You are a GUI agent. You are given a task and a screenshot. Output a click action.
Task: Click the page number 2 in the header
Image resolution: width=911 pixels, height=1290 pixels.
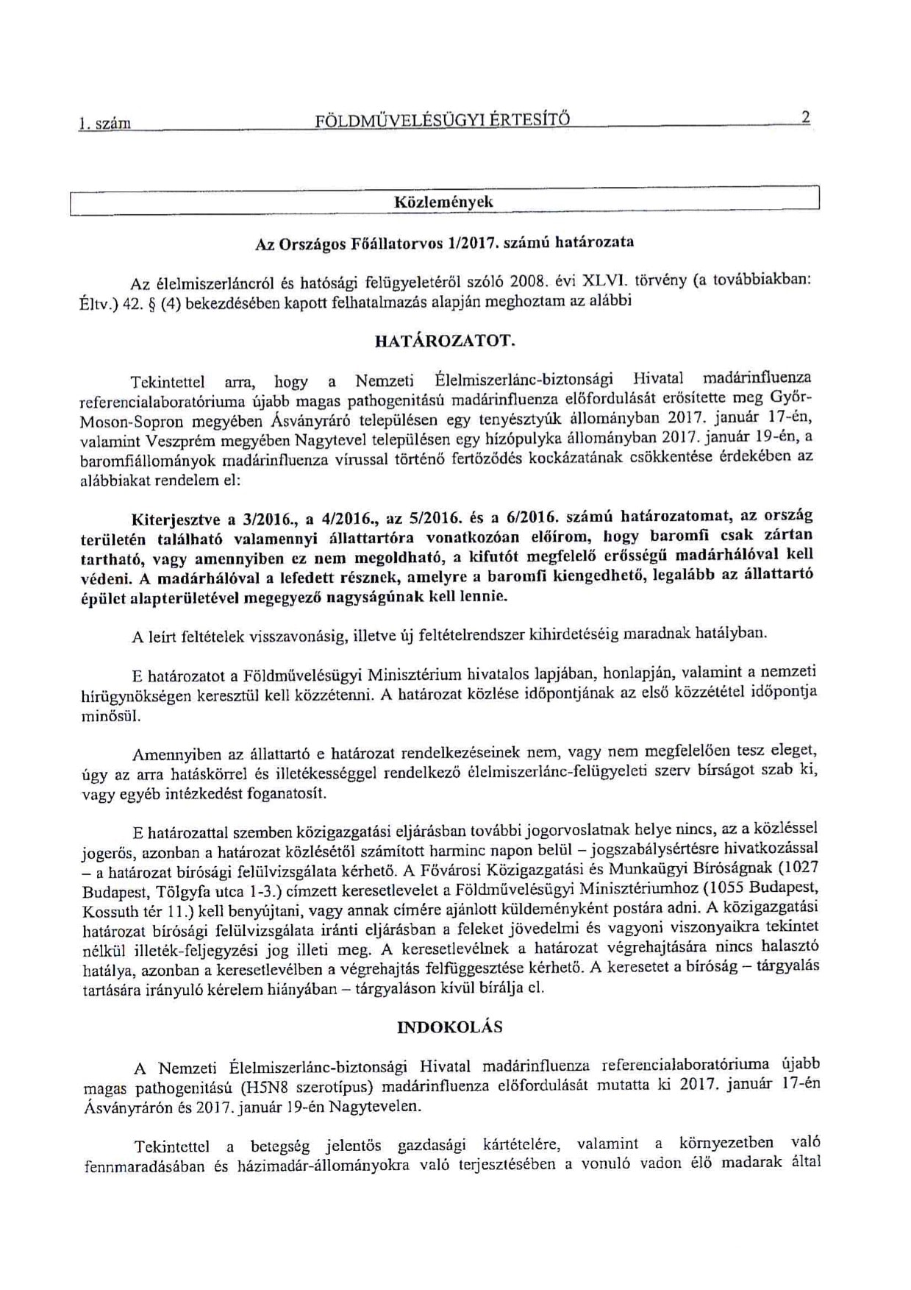806,118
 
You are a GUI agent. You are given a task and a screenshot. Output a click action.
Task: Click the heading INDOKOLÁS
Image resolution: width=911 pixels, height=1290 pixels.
449,1027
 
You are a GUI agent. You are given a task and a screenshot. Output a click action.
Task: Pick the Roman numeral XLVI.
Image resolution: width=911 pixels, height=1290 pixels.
603,281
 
